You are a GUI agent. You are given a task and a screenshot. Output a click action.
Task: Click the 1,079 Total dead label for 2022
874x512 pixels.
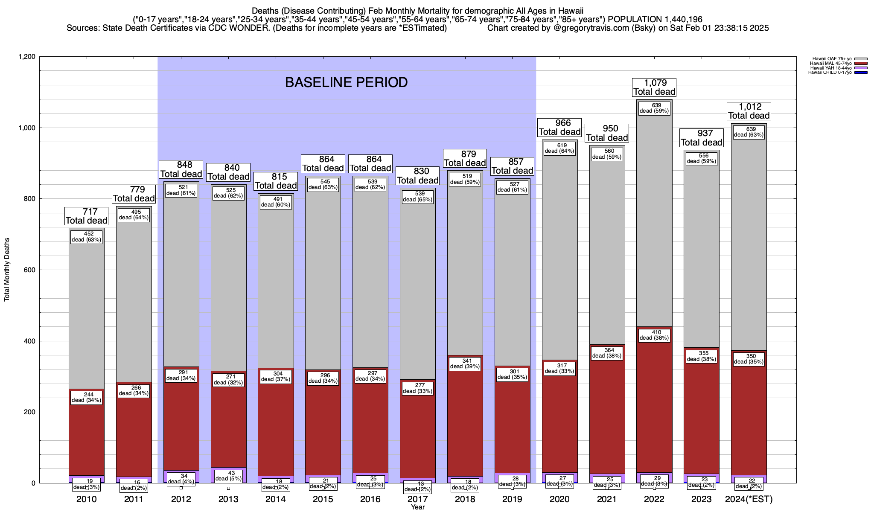(x=654, y=87)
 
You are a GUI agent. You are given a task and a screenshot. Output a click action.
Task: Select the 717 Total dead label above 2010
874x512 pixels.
(x=86, y=216)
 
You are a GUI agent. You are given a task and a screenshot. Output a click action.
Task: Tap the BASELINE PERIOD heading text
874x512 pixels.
(x=346, y=82)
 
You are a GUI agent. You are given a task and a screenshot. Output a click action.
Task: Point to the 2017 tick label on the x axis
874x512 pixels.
(x=418, y=499)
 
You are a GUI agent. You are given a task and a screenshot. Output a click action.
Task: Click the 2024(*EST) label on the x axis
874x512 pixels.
(x=749, y=499)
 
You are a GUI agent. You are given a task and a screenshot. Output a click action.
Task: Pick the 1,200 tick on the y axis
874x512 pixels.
(x=26, y=57)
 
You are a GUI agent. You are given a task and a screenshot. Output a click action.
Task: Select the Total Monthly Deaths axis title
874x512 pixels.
(x=7, y=269)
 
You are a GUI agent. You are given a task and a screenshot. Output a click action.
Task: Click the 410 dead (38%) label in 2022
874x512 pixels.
(x=654, y=335)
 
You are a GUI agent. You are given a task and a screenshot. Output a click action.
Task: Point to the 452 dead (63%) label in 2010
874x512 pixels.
(x=86, y=237)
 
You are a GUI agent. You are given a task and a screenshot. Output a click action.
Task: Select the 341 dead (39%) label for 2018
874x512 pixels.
(x=465, y=364)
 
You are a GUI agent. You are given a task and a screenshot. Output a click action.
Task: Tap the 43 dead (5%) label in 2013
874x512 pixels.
(x=228, y=476)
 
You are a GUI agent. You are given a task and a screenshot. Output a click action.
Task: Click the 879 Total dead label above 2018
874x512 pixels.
(x=465, y=158)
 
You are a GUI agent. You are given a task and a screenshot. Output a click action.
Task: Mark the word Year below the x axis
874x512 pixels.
(x=418, y=507)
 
